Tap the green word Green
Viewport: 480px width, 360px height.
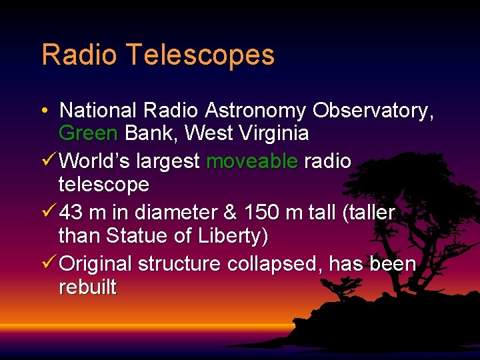click(89, 133)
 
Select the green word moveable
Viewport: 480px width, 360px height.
click(252, 161)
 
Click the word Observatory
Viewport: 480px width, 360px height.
click(373, 111)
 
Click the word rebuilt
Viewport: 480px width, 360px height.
click(87, 287)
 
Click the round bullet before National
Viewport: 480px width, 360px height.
click(44, 111)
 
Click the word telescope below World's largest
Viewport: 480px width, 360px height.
click(103, 184)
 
